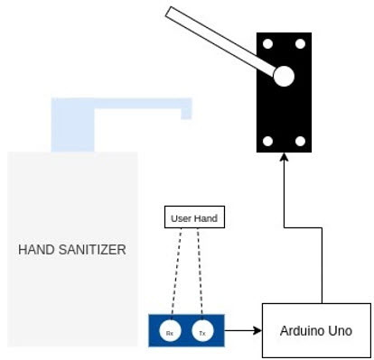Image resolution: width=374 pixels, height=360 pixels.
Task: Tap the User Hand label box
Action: [192, 217]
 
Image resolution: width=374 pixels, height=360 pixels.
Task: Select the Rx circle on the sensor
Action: [169, 333]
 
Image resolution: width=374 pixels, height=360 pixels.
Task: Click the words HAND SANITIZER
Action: [72, 249]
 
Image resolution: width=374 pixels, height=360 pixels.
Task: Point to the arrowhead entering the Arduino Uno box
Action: [257, 331]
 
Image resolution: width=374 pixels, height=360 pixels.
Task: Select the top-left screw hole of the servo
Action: [268, 43]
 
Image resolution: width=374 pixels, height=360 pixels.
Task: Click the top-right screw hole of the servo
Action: [301, 43]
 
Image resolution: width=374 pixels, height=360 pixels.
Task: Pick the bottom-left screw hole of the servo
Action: [268, 142]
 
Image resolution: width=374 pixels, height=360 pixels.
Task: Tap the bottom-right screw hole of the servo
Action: [301, 142]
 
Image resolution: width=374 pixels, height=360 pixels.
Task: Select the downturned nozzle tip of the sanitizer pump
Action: [186, 113]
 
